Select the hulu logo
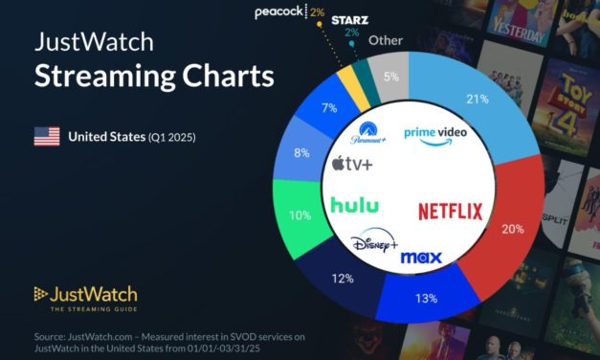[x=354, y=205]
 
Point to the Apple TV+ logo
[x=352, y=165]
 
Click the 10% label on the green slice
[x=300, y=216]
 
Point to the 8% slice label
[x=302, y=151]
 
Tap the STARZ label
[x=350, y=18]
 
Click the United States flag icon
[x=47, y=137]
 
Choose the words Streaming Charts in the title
[x=154, y=77]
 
